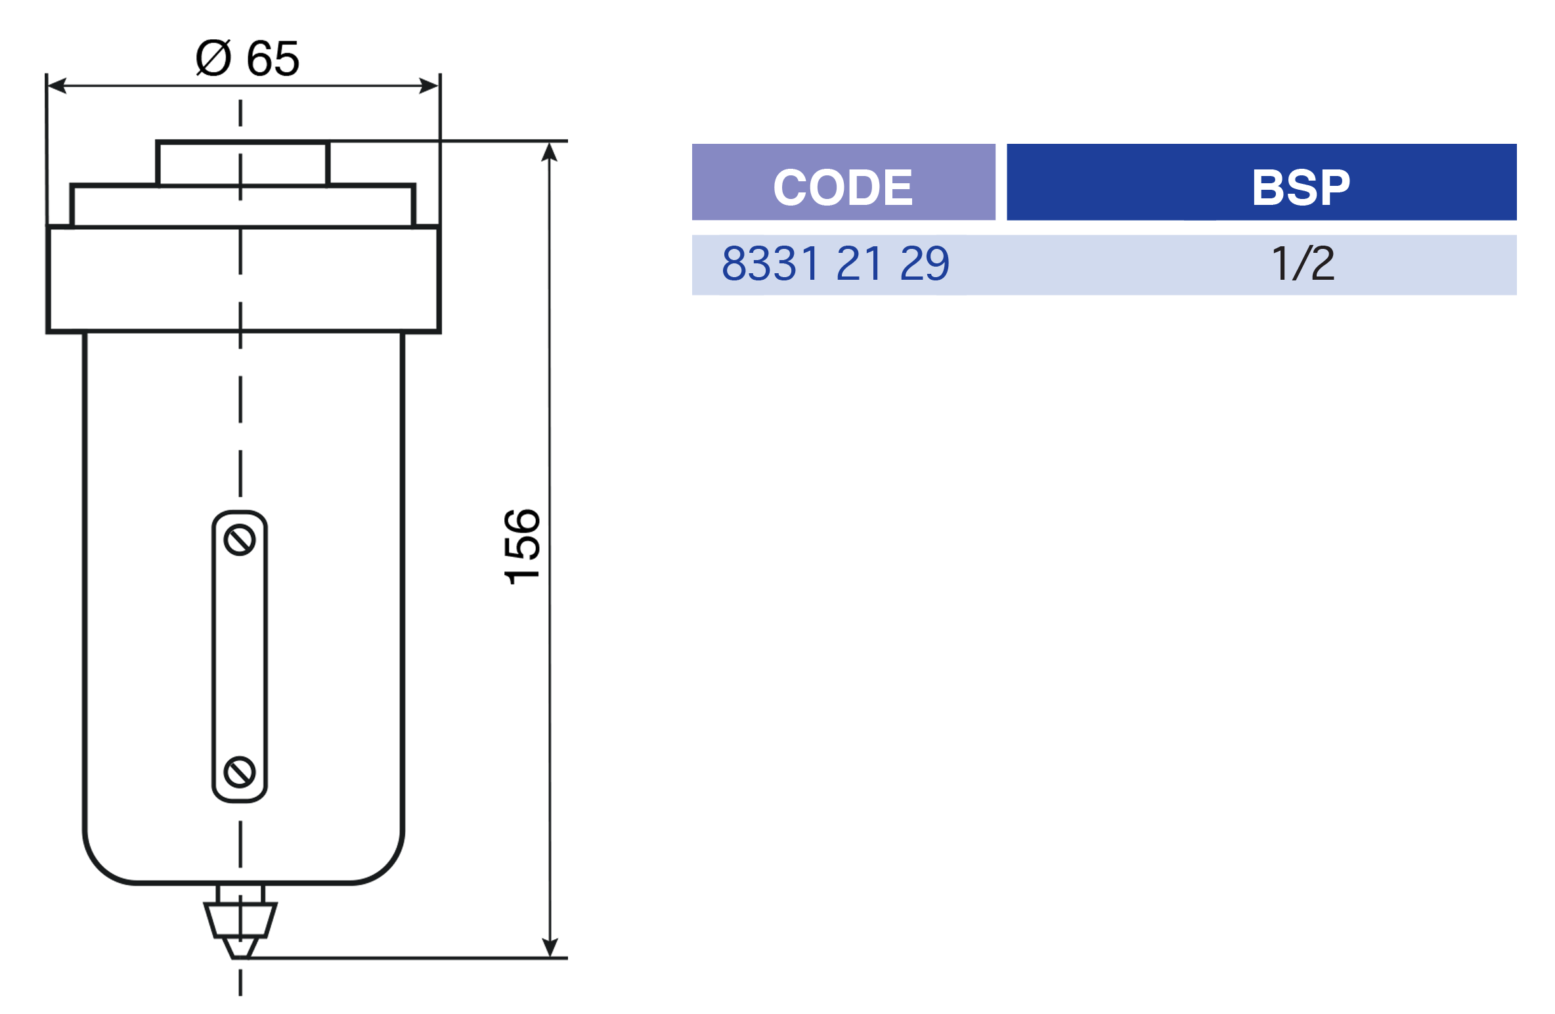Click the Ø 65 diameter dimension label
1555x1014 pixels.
248,58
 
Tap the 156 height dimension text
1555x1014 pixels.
522,546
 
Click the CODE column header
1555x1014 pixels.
843,187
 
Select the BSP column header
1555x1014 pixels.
1301,187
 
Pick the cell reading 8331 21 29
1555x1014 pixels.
835,264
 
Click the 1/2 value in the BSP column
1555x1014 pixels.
1303,263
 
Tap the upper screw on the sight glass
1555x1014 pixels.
240,540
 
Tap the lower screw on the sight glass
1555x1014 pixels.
240,772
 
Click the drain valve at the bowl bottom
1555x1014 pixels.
240,921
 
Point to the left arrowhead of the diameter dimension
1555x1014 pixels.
57,85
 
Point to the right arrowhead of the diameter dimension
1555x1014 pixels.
429,85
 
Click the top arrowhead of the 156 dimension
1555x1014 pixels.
550,152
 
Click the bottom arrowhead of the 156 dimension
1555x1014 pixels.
550,948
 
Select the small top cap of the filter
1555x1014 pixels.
243,163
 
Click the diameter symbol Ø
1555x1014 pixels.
214,58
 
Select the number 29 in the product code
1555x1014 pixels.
925,264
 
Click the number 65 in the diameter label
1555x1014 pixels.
273,58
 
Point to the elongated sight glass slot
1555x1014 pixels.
240,656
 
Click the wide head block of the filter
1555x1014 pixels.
244,279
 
